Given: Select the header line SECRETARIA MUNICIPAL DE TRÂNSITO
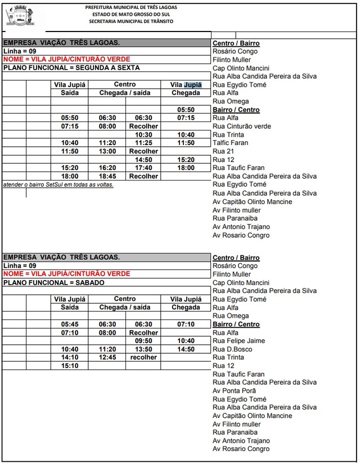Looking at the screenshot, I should click(131, 21).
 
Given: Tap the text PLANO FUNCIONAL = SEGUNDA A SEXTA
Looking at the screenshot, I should click(71, 68).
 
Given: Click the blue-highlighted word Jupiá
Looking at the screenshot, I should click(192, 85).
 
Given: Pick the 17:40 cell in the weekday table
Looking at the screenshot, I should click(143, 168).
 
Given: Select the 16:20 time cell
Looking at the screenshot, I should click(107, 168).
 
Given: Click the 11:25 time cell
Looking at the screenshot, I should click(143, 143).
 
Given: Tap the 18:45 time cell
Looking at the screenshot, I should click(107, 177).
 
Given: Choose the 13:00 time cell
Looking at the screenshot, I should click(107, 152).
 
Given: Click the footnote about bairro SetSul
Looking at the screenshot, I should click(58, 184).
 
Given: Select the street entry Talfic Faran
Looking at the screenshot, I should click(231, 143).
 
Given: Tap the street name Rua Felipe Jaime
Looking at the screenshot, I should click(238, 341).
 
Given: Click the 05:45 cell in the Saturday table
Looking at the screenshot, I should click(70, 325).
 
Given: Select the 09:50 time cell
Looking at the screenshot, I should click(143, 341).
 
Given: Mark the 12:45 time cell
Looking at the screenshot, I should click(107, 358).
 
